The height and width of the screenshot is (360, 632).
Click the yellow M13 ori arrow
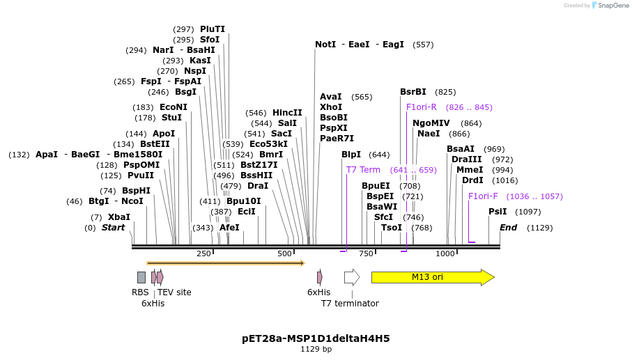432,277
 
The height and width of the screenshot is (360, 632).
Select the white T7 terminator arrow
351,277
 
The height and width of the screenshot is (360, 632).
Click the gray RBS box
141,277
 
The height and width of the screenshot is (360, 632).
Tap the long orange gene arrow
225,263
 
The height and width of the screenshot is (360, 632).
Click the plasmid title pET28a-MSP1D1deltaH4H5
316,338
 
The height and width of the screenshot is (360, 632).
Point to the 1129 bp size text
316,349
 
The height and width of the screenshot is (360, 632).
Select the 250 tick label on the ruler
203,253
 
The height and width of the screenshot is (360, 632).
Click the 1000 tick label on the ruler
445,253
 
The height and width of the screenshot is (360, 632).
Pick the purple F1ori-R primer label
422,107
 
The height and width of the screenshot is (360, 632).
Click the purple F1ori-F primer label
483,196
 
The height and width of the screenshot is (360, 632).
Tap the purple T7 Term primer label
363,170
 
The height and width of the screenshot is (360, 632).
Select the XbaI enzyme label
118,217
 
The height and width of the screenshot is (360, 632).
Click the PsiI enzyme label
498,212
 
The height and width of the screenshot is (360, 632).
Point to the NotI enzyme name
325,45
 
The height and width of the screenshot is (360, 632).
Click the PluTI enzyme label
213,29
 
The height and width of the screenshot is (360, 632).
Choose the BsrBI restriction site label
413,92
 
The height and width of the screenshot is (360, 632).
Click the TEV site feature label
174,292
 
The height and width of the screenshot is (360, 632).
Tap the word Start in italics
113,228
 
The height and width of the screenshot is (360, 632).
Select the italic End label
508,228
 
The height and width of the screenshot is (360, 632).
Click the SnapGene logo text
610,6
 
